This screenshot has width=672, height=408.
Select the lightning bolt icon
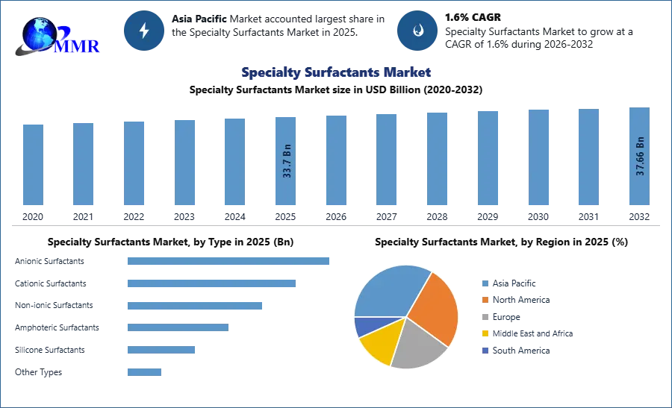pyautogui.click(x=144, y=31)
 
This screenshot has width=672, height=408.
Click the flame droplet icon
pyautogui.click(x=417, y=31)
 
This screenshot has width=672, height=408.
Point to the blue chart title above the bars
pyautogui.click(x=335, y=73)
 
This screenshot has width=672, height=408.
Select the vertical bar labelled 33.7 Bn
pyautogui.click(x=286, y=160)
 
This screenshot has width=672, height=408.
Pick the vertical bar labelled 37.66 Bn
pyautogui.click(x=638, y=158)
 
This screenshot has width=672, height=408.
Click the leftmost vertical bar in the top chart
pyautogui.click(x=33, y=164)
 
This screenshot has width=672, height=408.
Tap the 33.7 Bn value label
pyautogui.click(x=287, y=160)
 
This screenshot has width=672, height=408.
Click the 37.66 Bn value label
pyautogui.click(x=640, y=156)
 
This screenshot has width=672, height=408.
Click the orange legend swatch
pyautogui.click(x=485, y=300)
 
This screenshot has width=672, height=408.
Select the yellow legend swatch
pyautogui.click(x=485, y=334)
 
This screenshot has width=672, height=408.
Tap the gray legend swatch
pyautogui.click(x=485, y=317)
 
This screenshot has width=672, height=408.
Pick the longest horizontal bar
pyautogui.click(x=229, y=262)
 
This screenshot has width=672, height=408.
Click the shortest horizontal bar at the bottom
pyautogui.click(x=143, y=369)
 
